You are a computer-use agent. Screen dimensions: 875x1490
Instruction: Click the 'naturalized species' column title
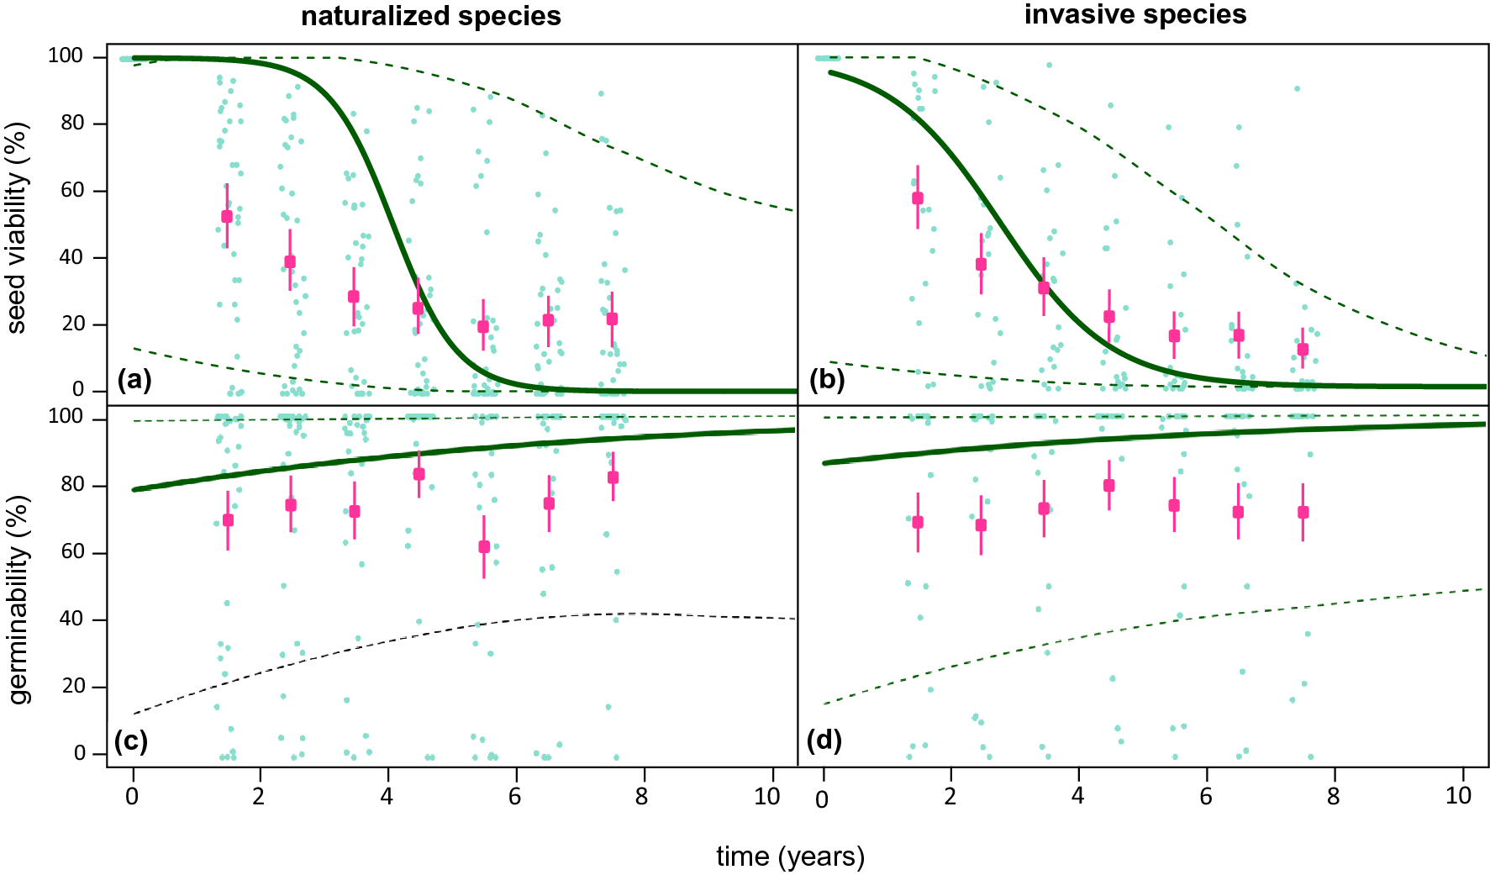pyautogui.click(x=430, y=16)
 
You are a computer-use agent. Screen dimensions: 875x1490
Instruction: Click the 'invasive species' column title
pyautogui.click(x=1135, y=14)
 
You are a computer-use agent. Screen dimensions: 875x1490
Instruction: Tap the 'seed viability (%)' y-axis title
pyautogui.click(x=17, y=228)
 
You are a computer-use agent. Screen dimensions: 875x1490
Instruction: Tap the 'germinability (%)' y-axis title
pyautogui.click(x=18, y=599)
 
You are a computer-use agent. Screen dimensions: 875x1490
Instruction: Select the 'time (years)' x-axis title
pyautogui.click(x=790, y=857)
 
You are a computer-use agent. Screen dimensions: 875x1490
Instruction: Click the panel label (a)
pyautogui.click(x=134, y=380)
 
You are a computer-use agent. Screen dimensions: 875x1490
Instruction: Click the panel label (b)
pyautogui.click(x=826, y=380)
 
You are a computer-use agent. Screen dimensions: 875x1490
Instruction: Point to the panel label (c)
pyautogui.click(x=131, y=741)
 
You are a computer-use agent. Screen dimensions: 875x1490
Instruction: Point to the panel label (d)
pyautogui.click(x=824, y=741)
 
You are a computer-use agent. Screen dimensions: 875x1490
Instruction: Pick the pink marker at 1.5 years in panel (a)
pyautogui.click(x=227, y=216)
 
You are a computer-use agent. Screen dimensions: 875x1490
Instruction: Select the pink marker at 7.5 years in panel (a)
pyautogui.click(x=613, y=319)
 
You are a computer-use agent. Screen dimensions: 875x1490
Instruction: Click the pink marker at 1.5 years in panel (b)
pyautogui.click(x=918, y=198)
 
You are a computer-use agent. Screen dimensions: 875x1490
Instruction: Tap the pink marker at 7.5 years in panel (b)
pyautogui.click(x=1303, y=350)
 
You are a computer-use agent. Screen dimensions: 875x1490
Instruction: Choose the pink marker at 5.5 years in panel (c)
pyautogui.click(x=484, y=546)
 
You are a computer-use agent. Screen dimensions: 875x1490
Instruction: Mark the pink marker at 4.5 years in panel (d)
pyautogui.click(x=1109, y=486)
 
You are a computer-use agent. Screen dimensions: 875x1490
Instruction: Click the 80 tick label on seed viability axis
pyautogui.click(x=71, y=123)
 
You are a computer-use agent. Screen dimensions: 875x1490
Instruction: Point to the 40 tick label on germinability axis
pyautogui.click(x=71, y=619)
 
